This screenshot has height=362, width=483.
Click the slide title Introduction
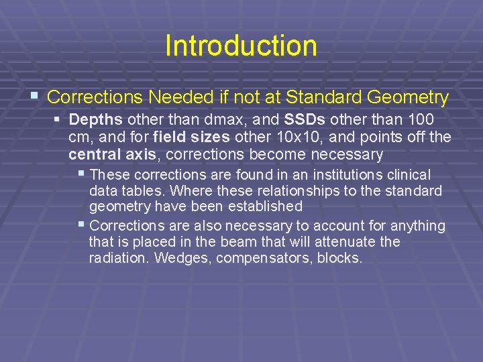point(241,46)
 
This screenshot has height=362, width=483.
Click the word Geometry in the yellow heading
point(407,97)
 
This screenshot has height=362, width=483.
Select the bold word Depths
point(95,120)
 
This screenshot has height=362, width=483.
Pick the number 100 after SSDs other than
point(419,120)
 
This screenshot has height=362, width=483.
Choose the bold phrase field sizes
point(187,137)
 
